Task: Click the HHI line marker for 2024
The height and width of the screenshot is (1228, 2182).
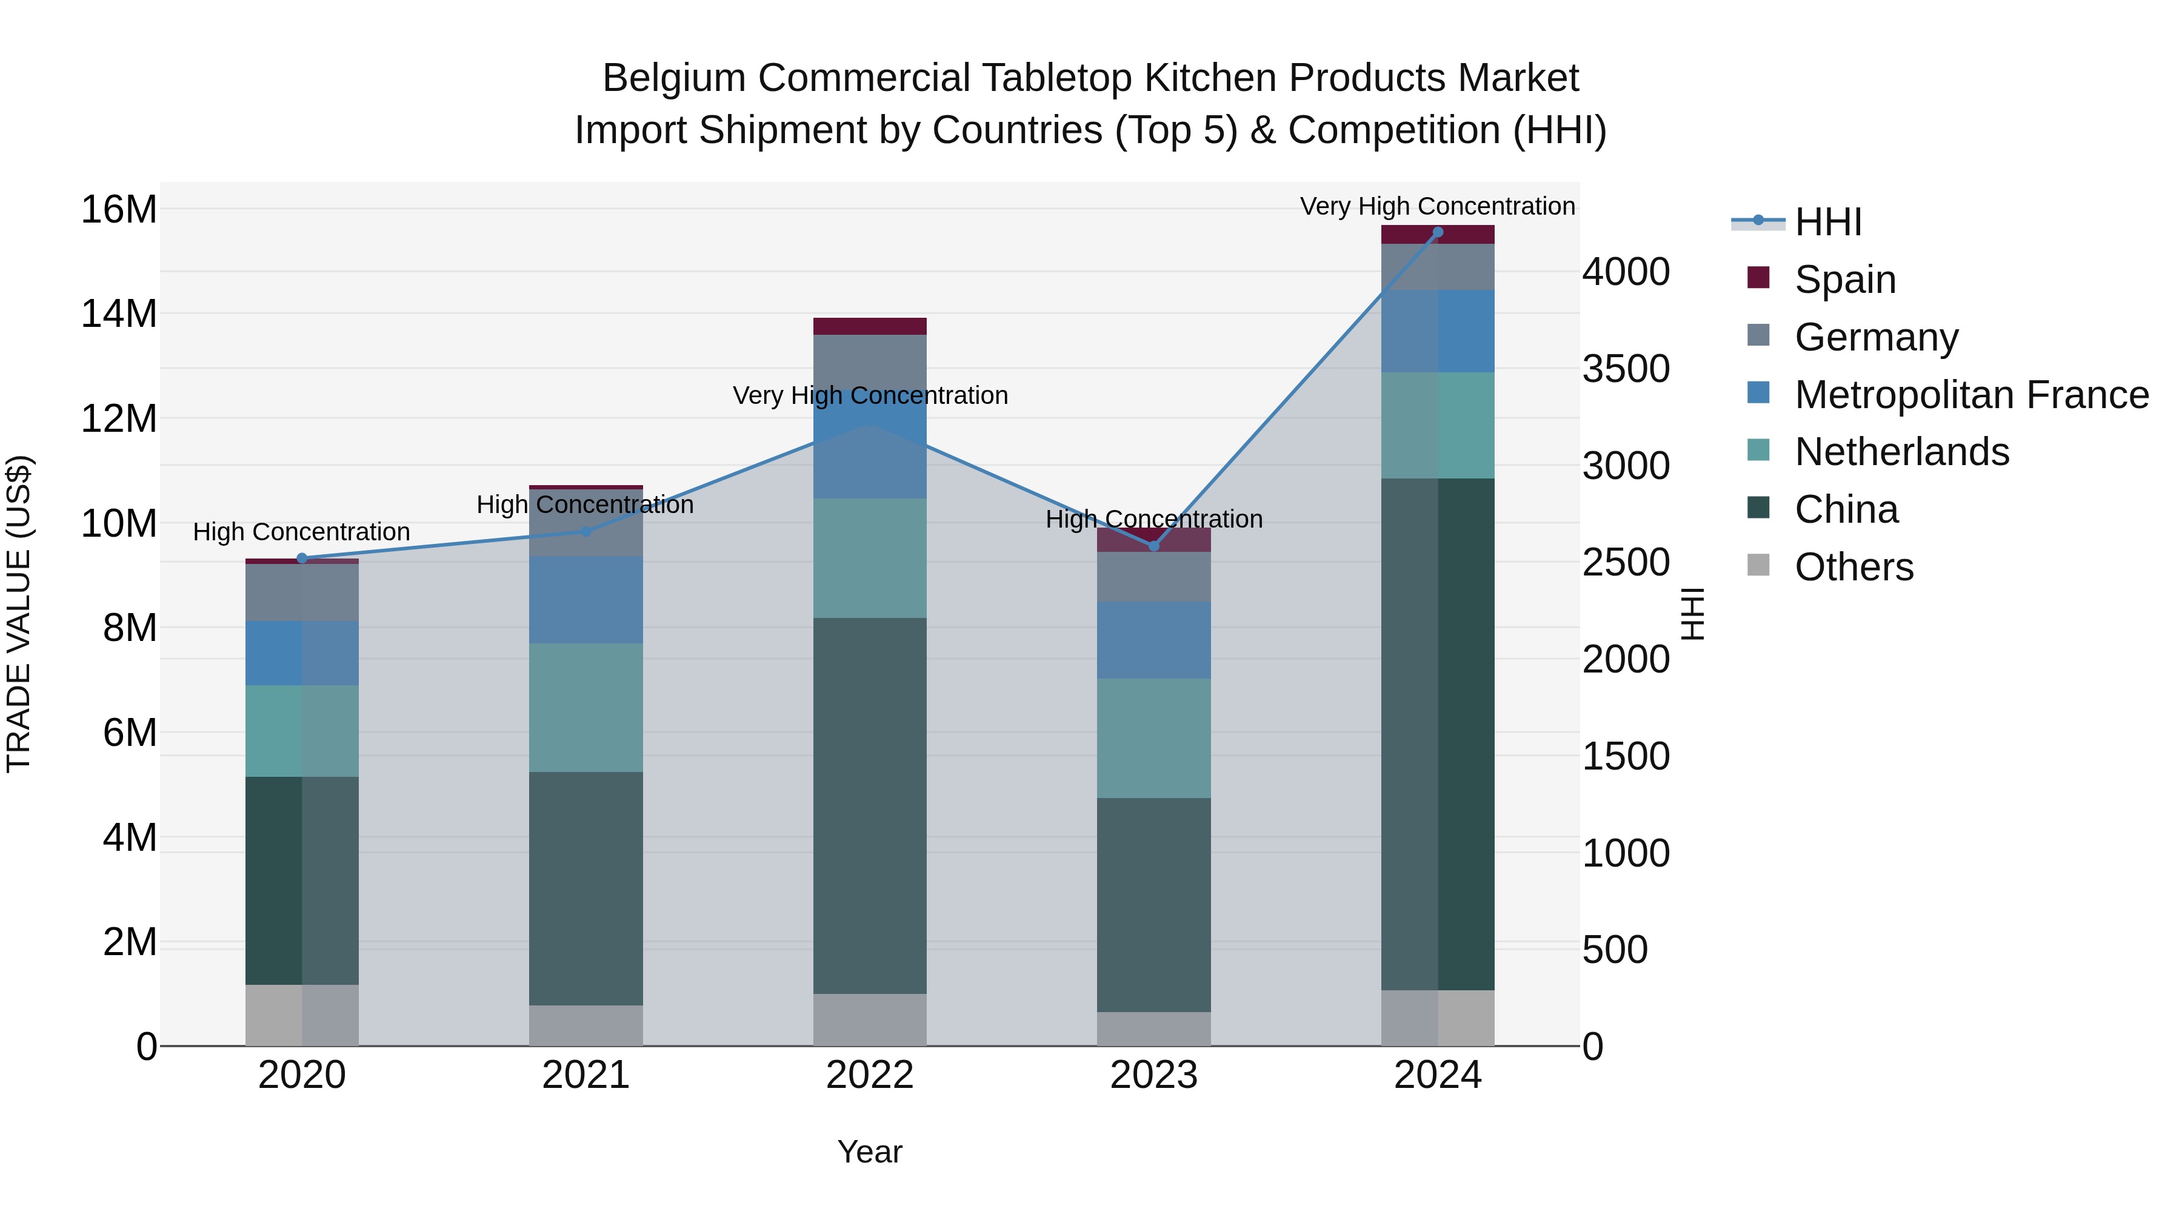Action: click(1438, 232)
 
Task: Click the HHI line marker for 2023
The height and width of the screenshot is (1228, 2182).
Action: click(1153, 546)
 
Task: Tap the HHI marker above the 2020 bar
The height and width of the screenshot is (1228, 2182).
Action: click(302, 558)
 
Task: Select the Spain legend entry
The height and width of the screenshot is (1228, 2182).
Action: click(1844, 280)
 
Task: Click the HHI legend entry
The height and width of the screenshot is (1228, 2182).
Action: click(1827, 222)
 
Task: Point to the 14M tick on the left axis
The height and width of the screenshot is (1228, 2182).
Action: click(119, 314)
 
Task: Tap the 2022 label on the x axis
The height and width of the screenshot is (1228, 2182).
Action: click(869, 1075)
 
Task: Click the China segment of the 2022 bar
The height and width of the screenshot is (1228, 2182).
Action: click(869, 805)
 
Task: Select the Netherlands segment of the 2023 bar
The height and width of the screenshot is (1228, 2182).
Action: click(1153, 737)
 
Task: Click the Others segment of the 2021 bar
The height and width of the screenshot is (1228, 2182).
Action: click(586, 1025)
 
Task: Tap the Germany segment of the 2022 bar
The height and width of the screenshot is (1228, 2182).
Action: click(869, 360)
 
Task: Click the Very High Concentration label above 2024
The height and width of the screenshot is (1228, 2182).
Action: click(1438, 206)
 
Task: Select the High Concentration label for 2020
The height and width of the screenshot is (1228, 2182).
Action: click(302, 531)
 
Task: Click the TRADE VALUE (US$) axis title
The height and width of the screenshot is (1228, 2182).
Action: click(19, 614)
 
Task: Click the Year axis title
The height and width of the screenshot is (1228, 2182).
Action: click(869, 1152)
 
